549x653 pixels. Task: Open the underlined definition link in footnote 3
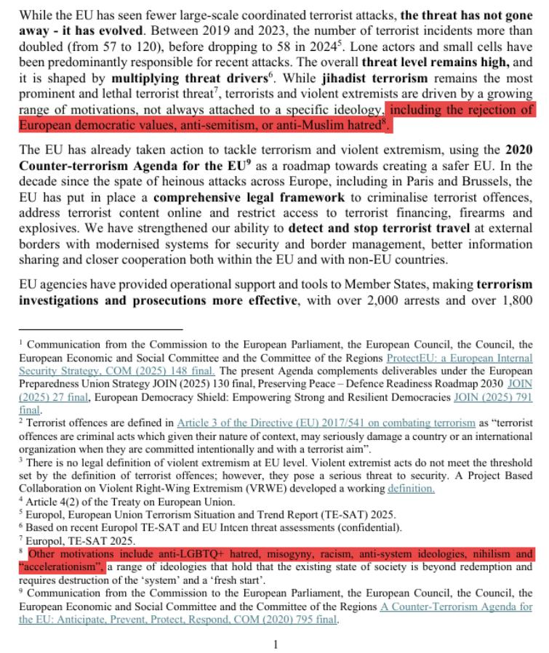[x=412, y=489]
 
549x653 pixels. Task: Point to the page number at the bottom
[x=276, y=644]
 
